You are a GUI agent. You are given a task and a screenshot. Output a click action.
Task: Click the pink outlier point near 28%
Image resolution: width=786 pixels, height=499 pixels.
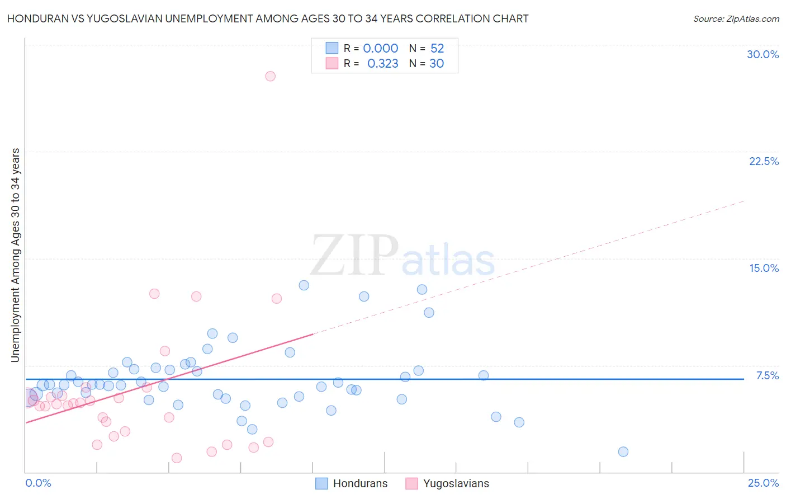tap(271, 76)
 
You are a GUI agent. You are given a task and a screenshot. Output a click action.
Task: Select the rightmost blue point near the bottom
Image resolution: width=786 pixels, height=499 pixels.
tap(623, 451)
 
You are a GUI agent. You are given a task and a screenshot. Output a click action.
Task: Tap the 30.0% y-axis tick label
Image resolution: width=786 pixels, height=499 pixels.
tap(763, 54)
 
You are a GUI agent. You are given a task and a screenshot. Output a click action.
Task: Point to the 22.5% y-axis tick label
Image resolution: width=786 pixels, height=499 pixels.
tap(764, 161)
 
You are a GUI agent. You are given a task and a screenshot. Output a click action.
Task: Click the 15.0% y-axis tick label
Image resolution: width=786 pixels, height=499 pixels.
tap(764, 268)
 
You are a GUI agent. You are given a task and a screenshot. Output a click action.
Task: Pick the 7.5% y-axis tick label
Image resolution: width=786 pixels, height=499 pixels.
tap(767, 375)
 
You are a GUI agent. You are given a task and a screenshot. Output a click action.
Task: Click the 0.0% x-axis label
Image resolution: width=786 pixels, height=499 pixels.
tap(39, 483)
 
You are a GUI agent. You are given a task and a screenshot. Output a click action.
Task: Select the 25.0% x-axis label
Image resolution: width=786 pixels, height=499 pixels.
tap(763, 483)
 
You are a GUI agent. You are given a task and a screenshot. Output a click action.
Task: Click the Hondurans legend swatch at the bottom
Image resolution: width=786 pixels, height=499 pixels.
tap(321, 483)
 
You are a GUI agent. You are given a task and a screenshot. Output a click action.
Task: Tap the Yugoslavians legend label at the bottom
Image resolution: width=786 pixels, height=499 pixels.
tap(456, 483)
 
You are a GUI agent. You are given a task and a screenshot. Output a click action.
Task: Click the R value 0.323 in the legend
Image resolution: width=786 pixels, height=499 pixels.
tap(382, 64)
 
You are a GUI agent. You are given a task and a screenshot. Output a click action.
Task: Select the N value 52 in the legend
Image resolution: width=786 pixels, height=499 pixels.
tap(437, 49)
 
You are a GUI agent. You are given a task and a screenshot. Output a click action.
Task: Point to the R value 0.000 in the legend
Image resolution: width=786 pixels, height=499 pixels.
tap(381, 49)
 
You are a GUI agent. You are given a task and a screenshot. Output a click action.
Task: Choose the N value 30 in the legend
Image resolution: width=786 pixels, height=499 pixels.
tap(437, 64)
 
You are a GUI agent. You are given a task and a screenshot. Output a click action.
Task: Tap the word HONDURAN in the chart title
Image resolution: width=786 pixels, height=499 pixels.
tap(35, 19)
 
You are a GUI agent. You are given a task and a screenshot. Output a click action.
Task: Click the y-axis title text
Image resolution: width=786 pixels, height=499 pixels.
tap(16, 255)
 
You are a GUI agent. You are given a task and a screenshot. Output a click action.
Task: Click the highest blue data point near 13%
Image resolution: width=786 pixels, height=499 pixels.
tap(304, 285)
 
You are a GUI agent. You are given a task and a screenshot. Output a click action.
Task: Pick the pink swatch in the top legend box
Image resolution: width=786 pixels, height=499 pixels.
tap(332, 63)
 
